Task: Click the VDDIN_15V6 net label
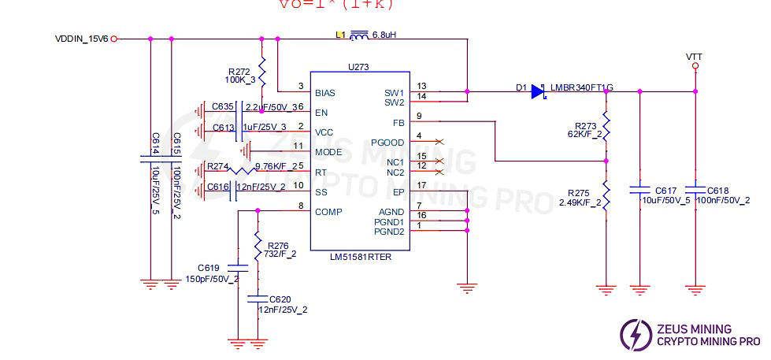point(81,39)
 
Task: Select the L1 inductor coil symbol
point(359,35)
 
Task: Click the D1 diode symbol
point(538,91)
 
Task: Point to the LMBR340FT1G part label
point(581,87)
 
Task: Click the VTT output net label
point(694,57)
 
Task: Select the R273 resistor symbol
point(606,126)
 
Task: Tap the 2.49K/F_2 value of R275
point(581,202)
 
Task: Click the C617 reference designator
point(665,191)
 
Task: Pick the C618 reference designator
point(717,191)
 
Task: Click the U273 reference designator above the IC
point(359,68)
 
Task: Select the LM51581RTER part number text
point(360,256)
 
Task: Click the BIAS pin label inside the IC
point(324,92)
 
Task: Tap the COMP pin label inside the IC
point(327,211)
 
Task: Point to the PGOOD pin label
point(388,143)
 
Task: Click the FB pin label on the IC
point(398,123)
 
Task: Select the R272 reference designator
point(239,72)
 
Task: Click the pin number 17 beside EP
point(422,185)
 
